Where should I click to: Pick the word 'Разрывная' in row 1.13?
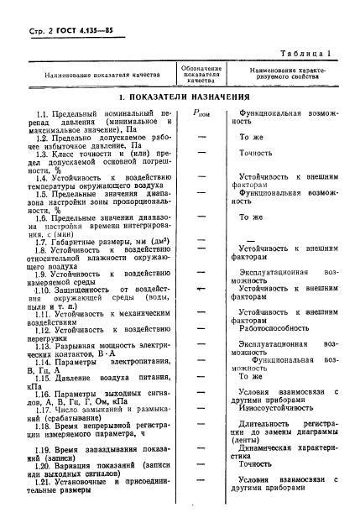pyautogui.click(x=85, y=344)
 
